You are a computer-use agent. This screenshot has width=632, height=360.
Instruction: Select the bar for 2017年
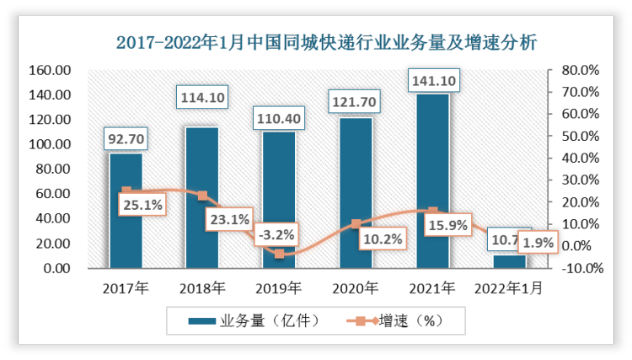[126, 211]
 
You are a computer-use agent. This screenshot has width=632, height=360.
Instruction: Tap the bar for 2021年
[433, 180]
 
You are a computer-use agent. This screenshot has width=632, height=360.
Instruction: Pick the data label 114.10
[202, 98]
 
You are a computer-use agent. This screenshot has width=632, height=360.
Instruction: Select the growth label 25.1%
[142, 203]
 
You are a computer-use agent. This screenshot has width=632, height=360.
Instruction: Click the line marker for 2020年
[356, 224]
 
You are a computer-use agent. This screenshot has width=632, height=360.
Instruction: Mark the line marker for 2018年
[202, 196]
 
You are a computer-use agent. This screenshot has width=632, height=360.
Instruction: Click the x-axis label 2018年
[202, 288]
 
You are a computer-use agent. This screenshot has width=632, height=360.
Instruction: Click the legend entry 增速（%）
[396, 321]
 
